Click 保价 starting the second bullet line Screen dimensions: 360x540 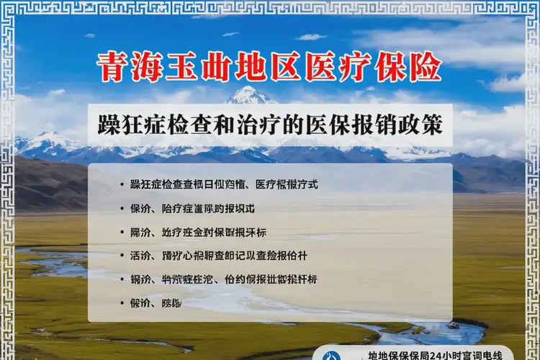pos(140,209)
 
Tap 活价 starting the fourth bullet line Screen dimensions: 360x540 pos(140,256)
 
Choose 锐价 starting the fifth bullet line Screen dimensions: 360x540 pos(140,279)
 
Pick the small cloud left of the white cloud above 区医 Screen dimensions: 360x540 pos(230,34)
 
